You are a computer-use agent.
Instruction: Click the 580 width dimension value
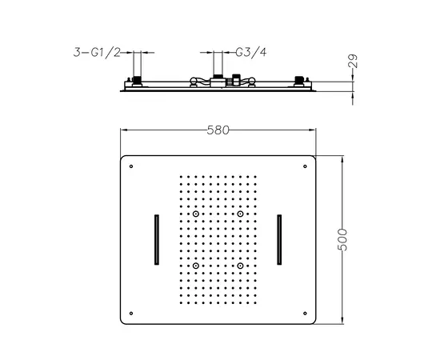(218, 130)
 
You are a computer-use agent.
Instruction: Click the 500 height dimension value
(342, 239)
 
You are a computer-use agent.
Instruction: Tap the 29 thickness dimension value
(353, 61)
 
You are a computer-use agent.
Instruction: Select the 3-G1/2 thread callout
(97, 52)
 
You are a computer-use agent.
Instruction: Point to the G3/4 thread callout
(251, 52)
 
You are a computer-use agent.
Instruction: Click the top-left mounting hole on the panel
(131, 166)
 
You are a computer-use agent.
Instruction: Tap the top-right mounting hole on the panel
(305, 166)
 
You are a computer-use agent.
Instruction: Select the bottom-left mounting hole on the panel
(131, 313)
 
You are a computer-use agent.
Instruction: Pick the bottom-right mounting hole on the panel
(305, 313)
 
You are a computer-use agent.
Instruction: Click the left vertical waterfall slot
(157, 240)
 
